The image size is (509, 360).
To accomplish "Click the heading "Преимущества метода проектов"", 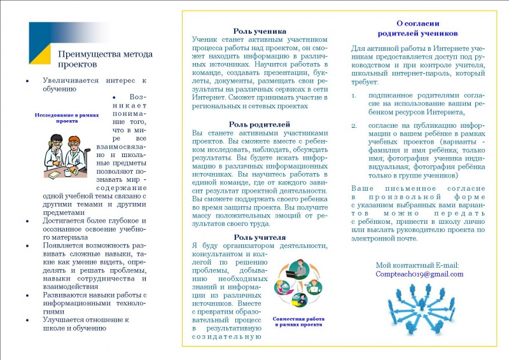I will (105, 59).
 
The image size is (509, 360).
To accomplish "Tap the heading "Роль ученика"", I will (260, 31).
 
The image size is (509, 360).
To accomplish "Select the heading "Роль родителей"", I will (260, 123).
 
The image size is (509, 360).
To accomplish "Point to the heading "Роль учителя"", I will (260, 237).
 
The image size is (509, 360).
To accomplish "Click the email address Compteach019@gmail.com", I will (419, 274).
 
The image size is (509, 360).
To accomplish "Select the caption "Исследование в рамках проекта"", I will (67, 118).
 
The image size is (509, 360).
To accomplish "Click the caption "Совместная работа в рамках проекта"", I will (298, 321).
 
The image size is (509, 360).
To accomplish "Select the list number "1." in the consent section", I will (354, 95).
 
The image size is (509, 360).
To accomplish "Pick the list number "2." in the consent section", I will (354, 125).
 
